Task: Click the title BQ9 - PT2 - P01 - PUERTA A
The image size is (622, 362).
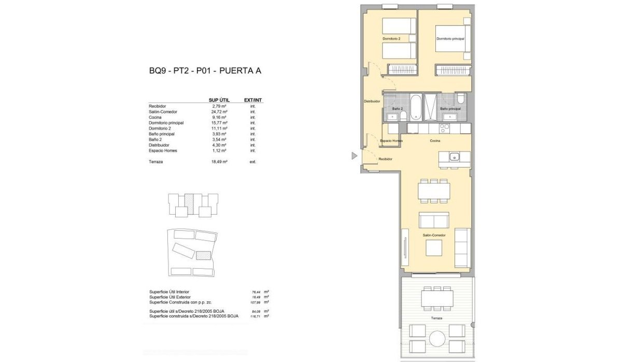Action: pos(205,71)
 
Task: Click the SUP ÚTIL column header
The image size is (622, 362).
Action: pos(219,100)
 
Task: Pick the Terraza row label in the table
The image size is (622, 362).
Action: pos(156,162)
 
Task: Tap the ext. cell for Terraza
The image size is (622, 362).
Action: pos(253,162)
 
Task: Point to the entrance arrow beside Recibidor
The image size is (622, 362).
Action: pos(355,156)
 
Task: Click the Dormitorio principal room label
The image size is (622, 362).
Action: pos(450,39)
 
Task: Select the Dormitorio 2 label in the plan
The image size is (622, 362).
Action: pos(391,39)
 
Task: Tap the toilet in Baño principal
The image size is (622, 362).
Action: pos(460,99)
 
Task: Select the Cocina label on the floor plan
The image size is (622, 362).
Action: pos(435,141)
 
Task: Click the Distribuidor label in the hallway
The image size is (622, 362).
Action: pos(372,102)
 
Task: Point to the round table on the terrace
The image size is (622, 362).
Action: pos(436,338)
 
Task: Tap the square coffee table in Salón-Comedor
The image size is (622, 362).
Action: pos(434,248)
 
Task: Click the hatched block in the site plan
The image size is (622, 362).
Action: pos(203,255)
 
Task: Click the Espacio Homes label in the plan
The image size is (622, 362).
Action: pos(391,141)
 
